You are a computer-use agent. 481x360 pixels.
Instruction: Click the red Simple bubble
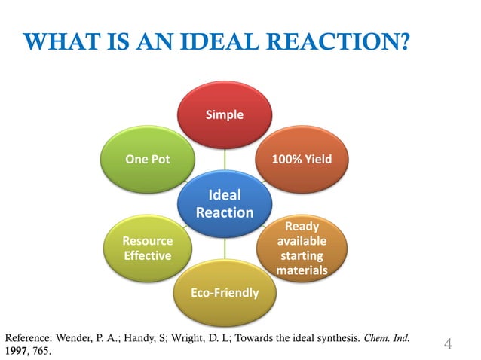pos(225,114)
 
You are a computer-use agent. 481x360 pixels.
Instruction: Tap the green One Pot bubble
pos(147,160)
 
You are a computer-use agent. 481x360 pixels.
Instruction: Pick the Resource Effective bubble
pos(147,249)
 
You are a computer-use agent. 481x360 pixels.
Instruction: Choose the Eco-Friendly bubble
pos(225,292)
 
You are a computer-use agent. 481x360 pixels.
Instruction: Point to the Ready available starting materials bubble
pos(302,248)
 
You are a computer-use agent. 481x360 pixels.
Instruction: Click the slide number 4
pos(448,345)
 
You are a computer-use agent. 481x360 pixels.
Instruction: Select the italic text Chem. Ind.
pos(388,338)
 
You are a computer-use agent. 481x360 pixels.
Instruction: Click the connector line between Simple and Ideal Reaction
pos(225,158)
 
